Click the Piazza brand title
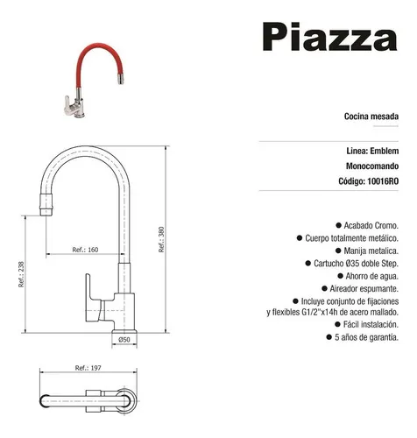(x=330, y=37)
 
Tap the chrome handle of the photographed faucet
(x=68, y=105)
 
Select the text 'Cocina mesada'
(x=371, y=117)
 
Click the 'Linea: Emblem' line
(x=372, y=151)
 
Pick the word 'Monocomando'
(x=372, y=166)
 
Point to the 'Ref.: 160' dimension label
(x=85, y=250)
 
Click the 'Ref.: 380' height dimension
(x=161, y=239)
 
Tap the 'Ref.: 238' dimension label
(x=21, y=274)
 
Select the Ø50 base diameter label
(x=124, y=339)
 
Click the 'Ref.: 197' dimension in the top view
(x=88, y=368)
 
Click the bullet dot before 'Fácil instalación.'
(x=338, y=324)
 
